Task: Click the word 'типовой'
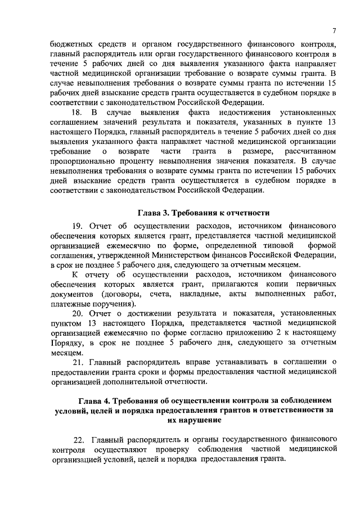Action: coord(279,245)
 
